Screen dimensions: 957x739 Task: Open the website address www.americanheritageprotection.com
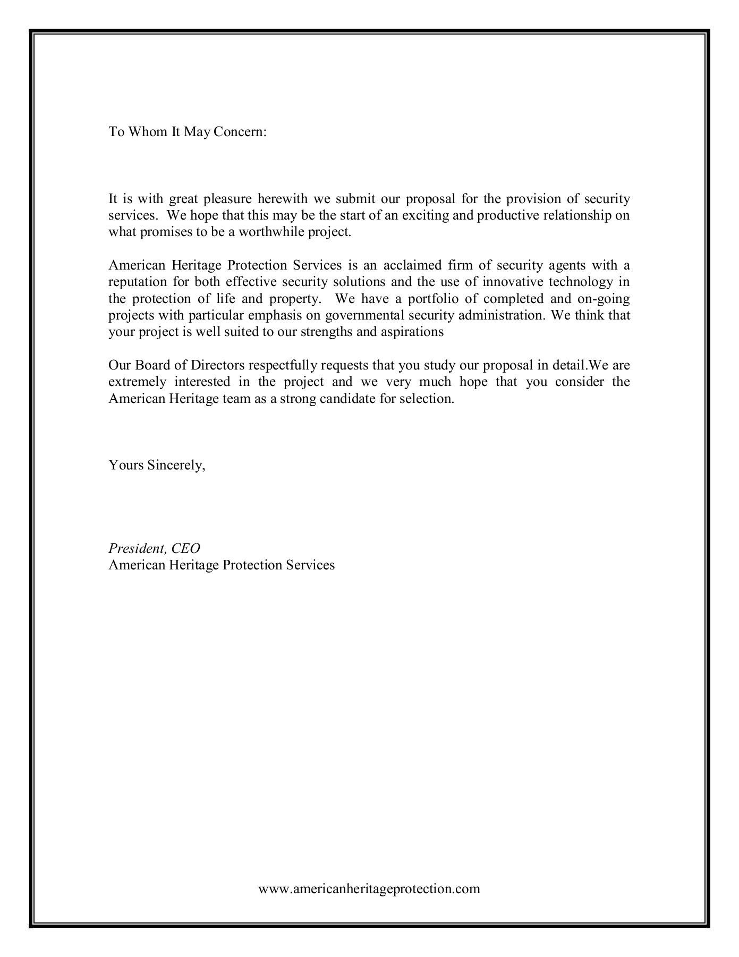pos(369,888)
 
